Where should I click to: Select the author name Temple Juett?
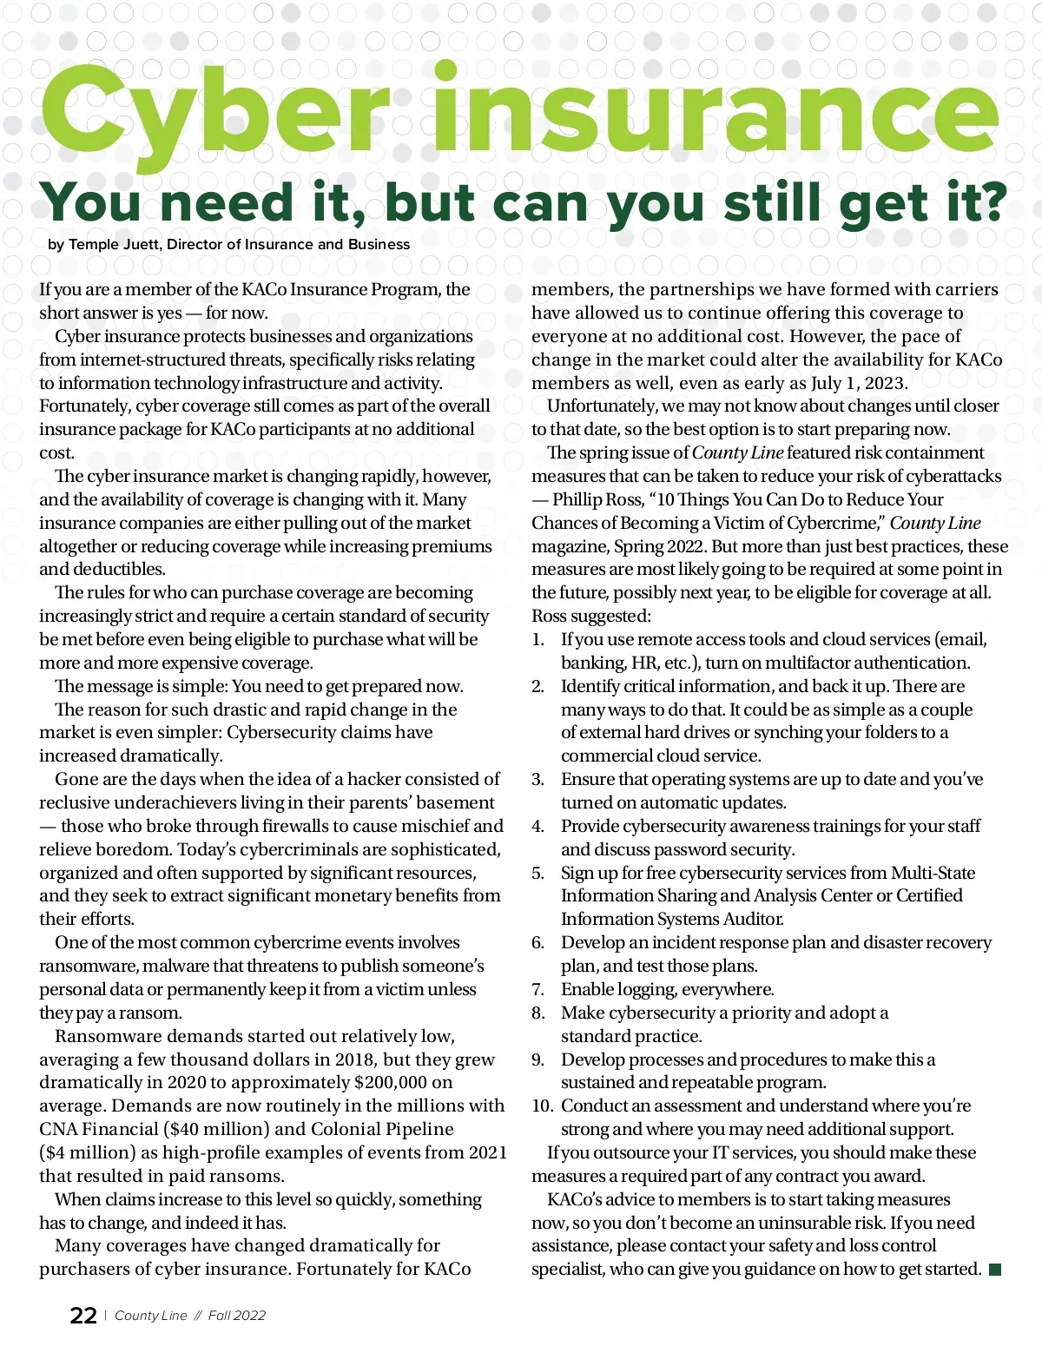114,245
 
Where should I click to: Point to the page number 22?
83,1316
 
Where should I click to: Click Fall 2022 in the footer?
237,1316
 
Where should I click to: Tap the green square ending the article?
995,1270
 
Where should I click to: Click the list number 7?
538,989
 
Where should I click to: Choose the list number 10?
542,1105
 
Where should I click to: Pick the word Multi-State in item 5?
933,873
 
